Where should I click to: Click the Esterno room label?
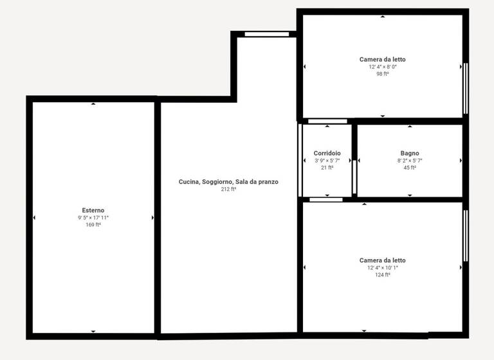[x=93, y=210]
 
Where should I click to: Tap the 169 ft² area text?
[x=93, y=225]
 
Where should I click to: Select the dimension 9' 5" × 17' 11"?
[x=93, y=218]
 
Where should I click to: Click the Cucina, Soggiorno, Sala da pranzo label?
[x=228, y=182]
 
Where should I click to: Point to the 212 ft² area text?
[x=228, y=190]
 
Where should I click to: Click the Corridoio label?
[x=327, y=153]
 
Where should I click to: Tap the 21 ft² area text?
[x=327, y=168]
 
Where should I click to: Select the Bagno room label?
[x=410, y=153]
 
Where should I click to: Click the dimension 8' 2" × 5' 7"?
[x=410, y=161]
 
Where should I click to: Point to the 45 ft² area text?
[x=410, y=168]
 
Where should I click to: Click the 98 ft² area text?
[x=383, y=74]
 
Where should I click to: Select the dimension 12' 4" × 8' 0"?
[x=383, y=67]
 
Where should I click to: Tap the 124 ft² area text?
[x=383, y=275]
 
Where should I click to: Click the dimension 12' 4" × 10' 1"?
[x=383, y=268]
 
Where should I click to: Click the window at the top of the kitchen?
[x=266, y=34]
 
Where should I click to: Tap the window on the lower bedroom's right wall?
[x=466, y=235]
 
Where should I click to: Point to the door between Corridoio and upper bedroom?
[x=327, y=121]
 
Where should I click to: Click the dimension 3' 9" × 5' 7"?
[x=327, y=161]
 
